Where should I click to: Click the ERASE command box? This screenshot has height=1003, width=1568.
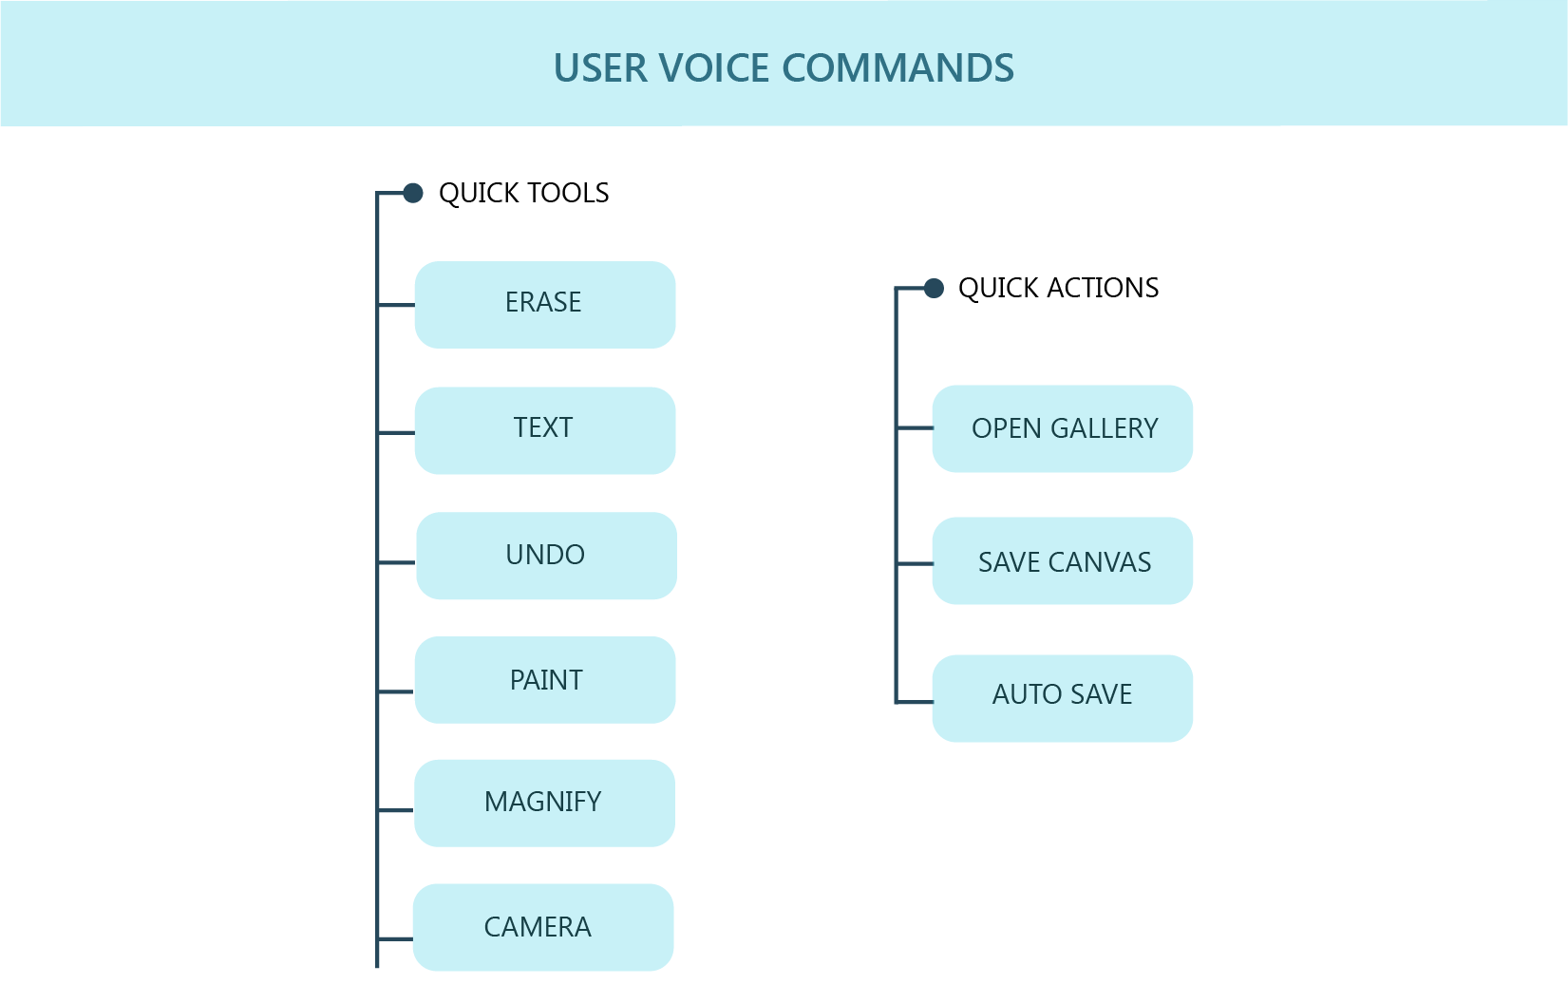pyautogui.click(x=544, y=305)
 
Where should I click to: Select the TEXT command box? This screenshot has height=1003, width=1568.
pyautogui.click(x=544, y=430)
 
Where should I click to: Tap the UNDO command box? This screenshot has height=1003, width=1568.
pyautogui.click(x=546, y=556)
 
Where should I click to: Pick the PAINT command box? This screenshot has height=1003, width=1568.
pyautogui.click(x=544, y=680)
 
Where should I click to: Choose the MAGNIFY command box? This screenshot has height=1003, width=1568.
pyautogui.click(x=544, y=804)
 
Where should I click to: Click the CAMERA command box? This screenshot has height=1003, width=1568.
pyautogui.click(x=543, y=927)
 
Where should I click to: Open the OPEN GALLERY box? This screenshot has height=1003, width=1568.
pyautogui.click(x=1063, y=428)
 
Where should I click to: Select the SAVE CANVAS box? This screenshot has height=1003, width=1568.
pyautogui.click(x=1063, y=560)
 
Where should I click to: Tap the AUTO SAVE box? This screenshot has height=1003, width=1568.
pyautogui.click(x=1063, y=698)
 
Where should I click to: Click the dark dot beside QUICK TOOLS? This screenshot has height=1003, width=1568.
pyautogui.click(x=413, y=193)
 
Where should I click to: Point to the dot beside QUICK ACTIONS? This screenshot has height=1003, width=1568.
pyautogui.click(x=934, y=288)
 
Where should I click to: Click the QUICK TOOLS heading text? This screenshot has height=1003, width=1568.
pyautogui.click(x=523, y=193)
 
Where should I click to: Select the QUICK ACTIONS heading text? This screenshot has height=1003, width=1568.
pyautogui.click(x=1058, y=288)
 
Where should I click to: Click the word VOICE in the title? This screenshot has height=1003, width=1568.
pyautogui.click(x=714, y=67)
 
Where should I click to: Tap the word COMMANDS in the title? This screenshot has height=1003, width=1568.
pyautogui.click(x=897, y=67)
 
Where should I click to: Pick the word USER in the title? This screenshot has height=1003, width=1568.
pyautogui.click(x=600, y=67)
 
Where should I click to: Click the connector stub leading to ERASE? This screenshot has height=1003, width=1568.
pyautogui.click(x=396, y=305)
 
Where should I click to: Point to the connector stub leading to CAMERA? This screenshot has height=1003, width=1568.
pyautogui.click(x=395, y=939)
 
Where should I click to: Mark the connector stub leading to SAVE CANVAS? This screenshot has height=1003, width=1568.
pyautogui.click(x=915, y=563)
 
